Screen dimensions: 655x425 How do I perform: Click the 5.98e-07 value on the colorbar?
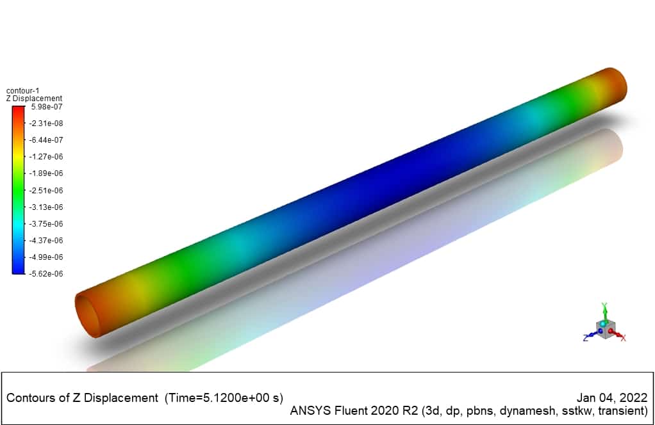click(x=47, y=107)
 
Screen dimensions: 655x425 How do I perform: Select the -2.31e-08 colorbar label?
click(x=46, y=124)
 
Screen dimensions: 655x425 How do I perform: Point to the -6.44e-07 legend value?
click(x=46, y=140)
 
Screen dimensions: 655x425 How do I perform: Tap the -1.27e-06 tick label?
click(x=46, y=157)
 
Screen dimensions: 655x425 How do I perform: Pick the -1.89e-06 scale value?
click(x=46, y=173)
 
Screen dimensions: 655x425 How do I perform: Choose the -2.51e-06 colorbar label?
click(x=46, y=191)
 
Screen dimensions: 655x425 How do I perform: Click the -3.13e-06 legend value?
click(x=46, y=207)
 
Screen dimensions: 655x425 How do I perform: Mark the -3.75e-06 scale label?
click(x=46, y=224)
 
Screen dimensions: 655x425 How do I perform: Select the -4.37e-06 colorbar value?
click(x=46, y=241)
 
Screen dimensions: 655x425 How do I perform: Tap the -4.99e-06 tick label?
click(x=46, y=257)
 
